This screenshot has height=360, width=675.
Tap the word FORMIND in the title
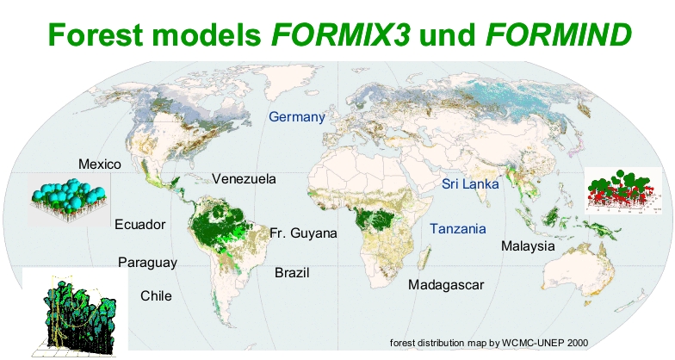point(560,34)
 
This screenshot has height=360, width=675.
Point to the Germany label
point(296,117)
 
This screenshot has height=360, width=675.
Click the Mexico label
point(99,164)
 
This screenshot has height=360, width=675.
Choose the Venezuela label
point(244,179)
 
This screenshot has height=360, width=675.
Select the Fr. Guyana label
point(303,233)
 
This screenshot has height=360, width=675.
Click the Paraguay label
point(147,262)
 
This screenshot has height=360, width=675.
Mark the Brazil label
point(292,273)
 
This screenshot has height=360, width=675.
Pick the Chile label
point(156,296)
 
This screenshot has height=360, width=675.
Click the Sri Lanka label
point(470,184)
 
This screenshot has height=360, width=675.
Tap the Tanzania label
point(458,229)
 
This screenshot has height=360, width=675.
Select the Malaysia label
point(528,246)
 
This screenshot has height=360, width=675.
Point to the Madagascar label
point(447,285)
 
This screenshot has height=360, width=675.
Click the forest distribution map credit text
point(489,342)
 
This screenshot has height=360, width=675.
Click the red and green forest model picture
point(620,190)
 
